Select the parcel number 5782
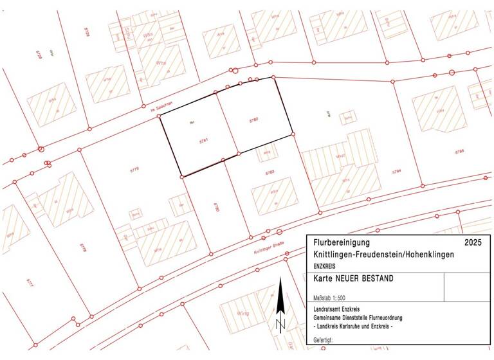[253, 120]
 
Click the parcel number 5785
[459, 152]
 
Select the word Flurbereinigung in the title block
[342, 243]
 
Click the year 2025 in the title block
[473, 243]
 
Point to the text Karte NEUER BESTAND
[352, 279]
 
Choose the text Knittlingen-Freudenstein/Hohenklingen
[383, 255]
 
